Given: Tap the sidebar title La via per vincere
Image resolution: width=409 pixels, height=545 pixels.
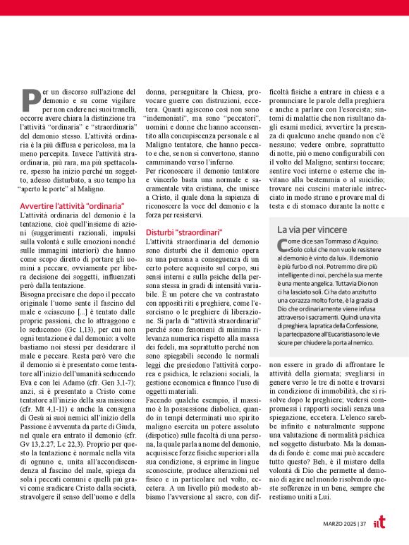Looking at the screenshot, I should [x=312, y=230].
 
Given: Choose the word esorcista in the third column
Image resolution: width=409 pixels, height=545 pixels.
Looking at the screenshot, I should [x=358, y=110].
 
